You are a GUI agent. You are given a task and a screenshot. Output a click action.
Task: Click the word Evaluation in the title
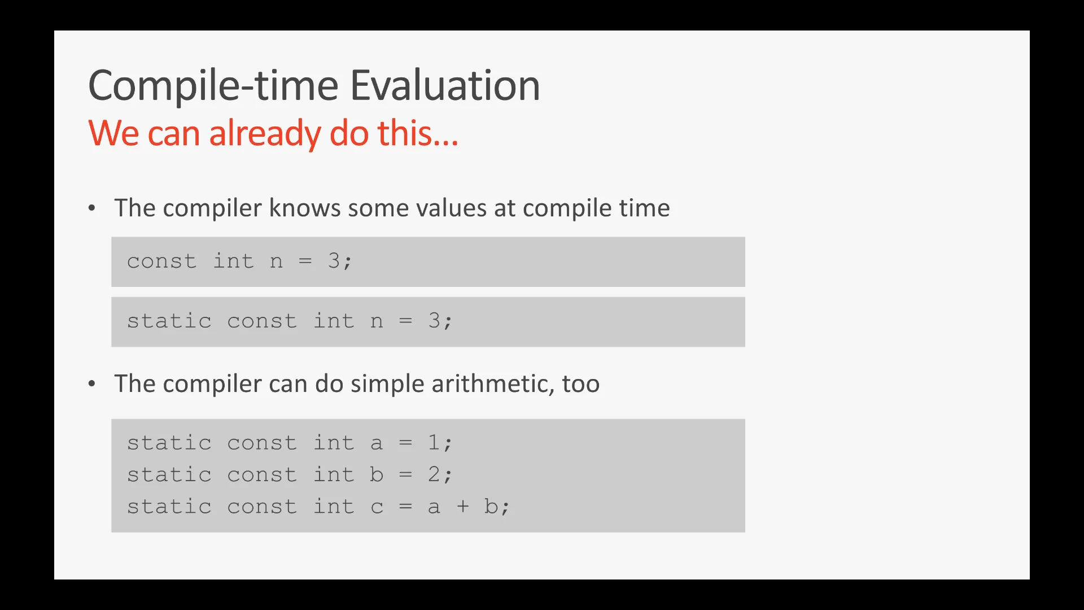(x=445, y=85)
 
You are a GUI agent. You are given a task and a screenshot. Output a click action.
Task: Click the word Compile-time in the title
(x=213, y=85)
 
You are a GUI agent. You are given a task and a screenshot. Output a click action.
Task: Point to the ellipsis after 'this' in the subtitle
(x=446, y=143)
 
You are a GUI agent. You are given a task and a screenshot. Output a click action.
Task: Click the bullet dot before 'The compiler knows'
(x=92, y=208)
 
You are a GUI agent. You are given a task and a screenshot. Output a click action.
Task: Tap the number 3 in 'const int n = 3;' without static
(x=334, y=260)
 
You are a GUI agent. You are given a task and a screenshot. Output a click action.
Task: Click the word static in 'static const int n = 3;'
(x=169, y=320)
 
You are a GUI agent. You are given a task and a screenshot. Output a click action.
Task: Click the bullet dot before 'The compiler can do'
(x=92, y=384)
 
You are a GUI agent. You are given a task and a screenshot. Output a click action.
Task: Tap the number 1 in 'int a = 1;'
(x=434, y=442)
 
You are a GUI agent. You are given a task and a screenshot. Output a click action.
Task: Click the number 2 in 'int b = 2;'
(x=434, y=474)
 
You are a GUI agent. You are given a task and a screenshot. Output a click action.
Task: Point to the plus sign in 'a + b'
(x=463, y=506)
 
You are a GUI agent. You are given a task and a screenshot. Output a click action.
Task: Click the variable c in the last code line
(x=377, y=507)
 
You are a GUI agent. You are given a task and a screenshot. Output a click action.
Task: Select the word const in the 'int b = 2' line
(x=262, y=474)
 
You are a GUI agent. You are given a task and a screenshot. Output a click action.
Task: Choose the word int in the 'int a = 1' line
(x=334, y=442)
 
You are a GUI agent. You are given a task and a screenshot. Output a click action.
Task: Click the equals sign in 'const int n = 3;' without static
(x=305, y=261)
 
